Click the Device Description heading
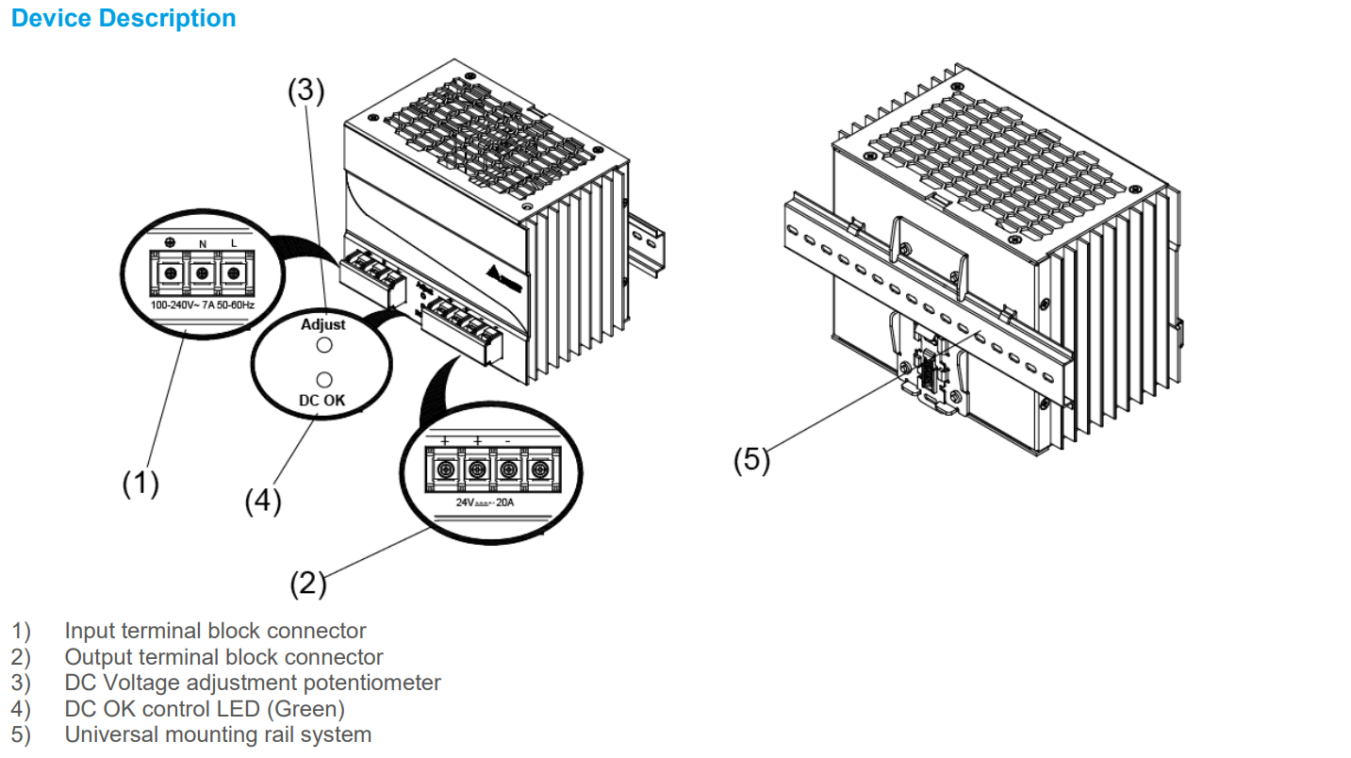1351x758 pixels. coord(124,18)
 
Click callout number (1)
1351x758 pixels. coord(140,483)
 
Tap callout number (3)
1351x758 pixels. coord(306,91)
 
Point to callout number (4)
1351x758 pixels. coord(263,502)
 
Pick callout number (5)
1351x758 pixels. coord(751,461)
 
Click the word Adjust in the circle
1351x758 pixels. coord(322,324)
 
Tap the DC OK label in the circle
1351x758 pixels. coord(322,400)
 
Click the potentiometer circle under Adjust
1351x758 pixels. coord(323,346)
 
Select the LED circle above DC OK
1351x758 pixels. coord(323,379)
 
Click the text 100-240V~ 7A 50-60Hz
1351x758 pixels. coord(203,305)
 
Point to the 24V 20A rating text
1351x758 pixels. coord(485,503)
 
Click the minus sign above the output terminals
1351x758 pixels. coord(507,440)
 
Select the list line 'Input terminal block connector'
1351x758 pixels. coord(215,631)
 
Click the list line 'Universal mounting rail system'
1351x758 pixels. coord(218,734)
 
